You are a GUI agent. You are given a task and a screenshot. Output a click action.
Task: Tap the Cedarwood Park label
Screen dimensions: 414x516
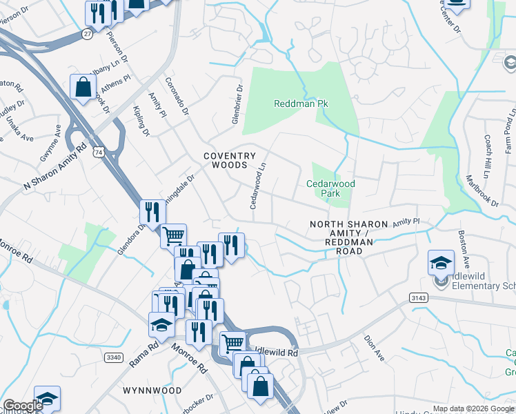tap(330, 188)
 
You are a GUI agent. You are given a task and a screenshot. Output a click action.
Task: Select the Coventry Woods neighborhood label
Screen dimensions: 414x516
tap(230, 161)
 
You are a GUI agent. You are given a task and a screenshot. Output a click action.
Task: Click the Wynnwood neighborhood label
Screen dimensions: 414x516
tap(152, 391)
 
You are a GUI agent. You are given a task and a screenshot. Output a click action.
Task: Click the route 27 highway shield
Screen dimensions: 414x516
tap(86, 33)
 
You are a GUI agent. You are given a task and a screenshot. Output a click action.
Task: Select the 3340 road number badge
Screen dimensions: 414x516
tap(115, 357)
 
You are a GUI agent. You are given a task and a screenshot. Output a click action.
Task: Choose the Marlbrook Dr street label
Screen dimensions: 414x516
tap(482, 189)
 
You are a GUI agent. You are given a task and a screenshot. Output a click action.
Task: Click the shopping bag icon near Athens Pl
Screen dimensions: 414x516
tap(83, 87)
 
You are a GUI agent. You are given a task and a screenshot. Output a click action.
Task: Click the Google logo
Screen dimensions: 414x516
tap(23, 406)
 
